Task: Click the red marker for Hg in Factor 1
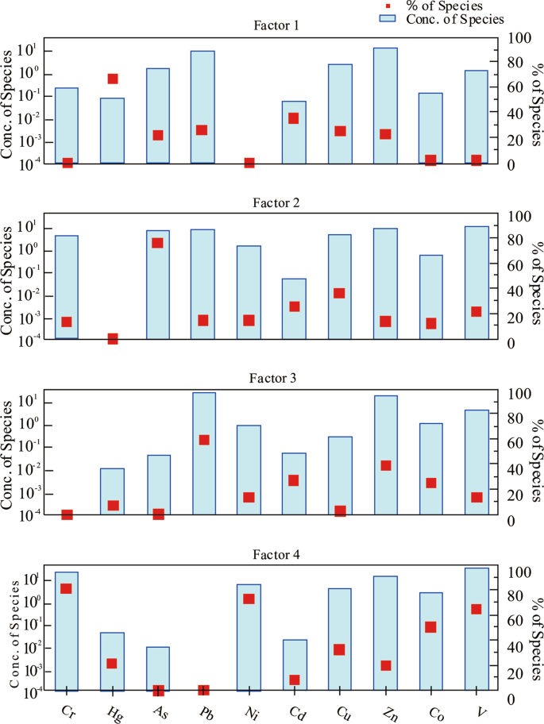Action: click(113, 79)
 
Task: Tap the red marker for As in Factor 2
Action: click(158, 243)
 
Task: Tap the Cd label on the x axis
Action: click(295, 709)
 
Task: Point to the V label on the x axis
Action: click(480, 708)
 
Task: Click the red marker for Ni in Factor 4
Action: click(249, 599)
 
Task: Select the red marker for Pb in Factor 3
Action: click(203, 440)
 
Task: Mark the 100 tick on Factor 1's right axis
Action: click(517, 38)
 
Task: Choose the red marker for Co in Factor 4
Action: click(432, 626)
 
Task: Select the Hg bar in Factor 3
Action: click(113, 480)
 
